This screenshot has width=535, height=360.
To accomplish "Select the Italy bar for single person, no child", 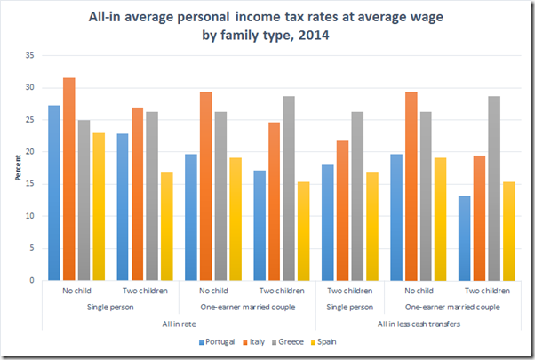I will [x=69, y=179].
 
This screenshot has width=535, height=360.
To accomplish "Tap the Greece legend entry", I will [x=291, y=340].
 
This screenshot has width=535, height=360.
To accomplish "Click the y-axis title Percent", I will [x=15, y=168].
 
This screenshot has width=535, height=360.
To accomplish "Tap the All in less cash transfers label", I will [x=418, y=323].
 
